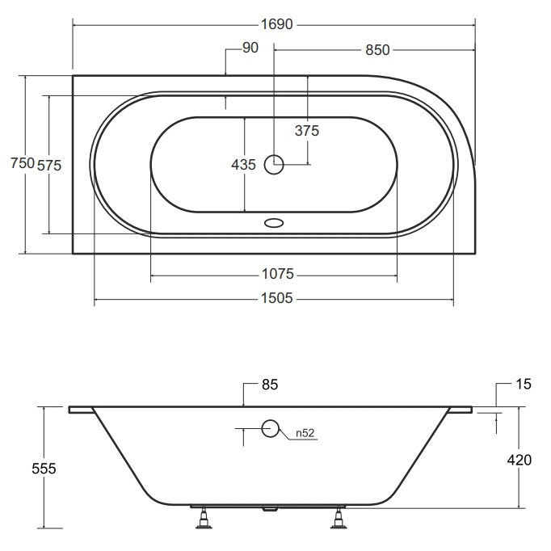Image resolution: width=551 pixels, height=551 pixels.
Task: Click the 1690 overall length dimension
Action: click(x=276, y=24)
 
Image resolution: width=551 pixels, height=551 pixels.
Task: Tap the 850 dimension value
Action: click(x=377, y=50)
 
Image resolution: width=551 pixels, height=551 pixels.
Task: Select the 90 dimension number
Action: click(x=250, y=48)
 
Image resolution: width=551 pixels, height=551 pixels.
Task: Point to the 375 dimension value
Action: click(x=307, y=131)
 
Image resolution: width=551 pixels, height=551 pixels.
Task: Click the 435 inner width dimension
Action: click(x=243, y=165)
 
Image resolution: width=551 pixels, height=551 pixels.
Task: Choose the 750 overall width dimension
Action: click(x=23, y=163)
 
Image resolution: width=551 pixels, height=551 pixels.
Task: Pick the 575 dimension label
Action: click(x=49, y=165)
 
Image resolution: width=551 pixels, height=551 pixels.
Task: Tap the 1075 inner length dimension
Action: click(x=278, y=274)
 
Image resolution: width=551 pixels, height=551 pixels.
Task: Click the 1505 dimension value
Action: click(x=277, y=298)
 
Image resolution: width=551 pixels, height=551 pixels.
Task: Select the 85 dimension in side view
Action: click(x=270, y=385)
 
